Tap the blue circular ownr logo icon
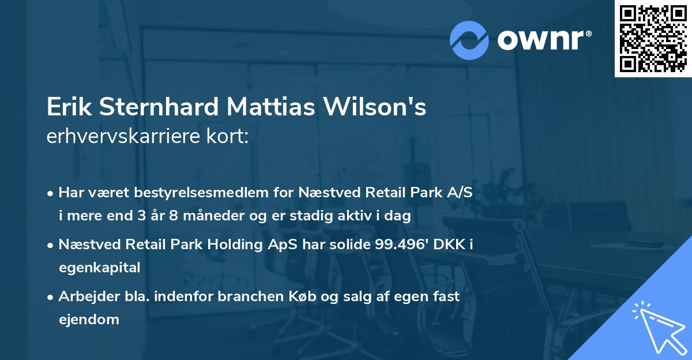pos(470,39)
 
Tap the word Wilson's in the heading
pos(378,107)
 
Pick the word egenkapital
pos(99,268)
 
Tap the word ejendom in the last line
pos(89,319)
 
